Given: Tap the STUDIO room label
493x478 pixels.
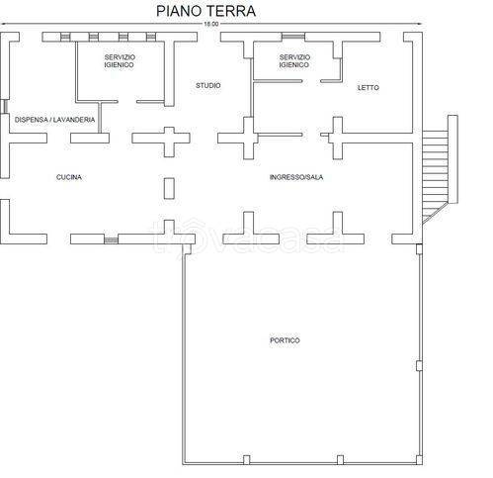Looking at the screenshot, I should click(208, 85).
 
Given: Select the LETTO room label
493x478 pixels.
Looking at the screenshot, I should click(368, 89).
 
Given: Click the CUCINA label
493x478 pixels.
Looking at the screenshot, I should click(69, 177).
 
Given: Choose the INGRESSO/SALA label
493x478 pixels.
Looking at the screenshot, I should click(296, 177).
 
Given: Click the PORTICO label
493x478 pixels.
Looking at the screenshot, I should click(285, 340).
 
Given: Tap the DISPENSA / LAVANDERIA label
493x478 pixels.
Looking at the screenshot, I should click(55, 120).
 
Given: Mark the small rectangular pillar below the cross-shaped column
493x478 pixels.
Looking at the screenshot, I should click(167, 188).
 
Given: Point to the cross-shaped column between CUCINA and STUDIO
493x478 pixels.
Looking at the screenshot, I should click(167, 138).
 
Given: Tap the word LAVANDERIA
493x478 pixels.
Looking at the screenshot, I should click(74, 120).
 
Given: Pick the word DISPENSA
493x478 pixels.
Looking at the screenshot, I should click(32, 120).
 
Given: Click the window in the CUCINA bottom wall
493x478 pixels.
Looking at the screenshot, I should click(110, 239).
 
